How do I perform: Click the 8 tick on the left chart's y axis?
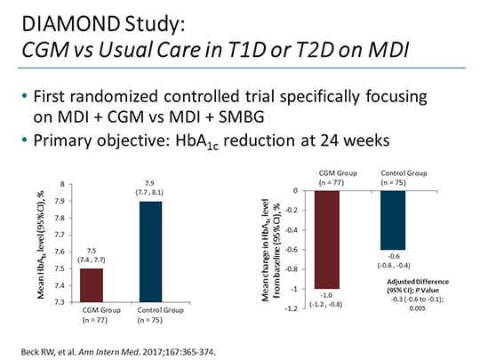tap(60, 185)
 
